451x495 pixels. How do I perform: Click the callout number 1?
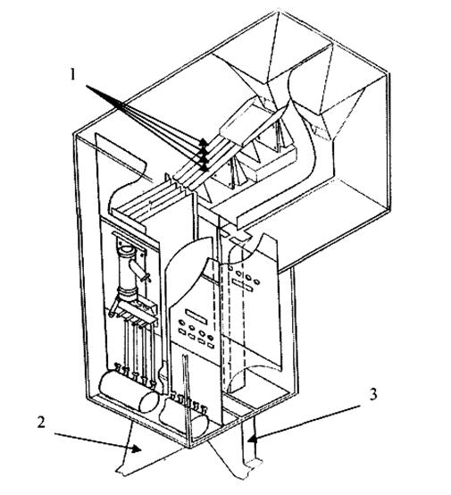73,75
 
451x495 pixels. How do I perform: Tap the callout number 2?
41,423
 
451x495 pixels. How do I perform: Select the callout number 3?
373,394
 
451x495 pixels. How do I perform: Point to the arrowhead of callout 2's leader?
137,449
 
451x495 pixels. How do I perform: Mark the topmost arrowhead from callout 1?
204,141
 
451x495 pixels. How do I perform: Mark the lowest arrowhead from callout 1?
205,168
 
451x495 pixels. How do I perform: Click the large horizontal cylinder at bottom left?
129,393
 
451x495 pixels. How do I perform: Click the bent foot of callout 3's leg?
252,465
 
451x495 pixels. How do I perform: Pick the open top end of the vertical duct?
128,251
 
